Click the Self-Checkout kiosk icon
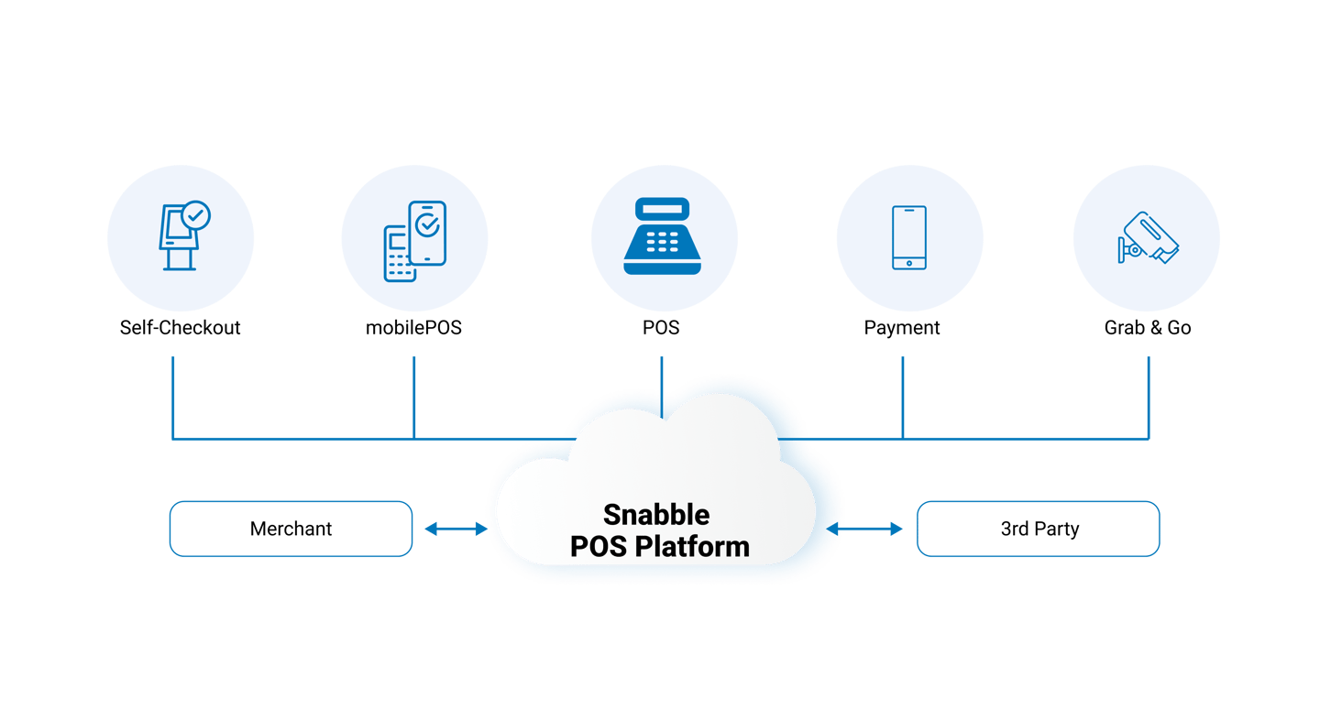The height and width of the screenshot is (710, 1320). (180, 237)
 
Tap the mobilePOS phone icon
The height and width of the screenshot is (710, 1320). (414, 239)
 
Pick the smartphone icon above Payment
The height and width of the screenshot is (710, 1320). (908, 237)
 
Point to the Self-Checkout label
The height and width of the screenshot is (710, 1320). (180, 327)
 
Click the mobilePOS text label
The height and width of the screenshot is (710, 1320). (413, 327)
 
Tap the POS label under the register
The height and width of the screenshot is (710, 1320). (661, 327)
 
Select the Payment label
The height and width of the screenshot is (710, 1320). (902, 327)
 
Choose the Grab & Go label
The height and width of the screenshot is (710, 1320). (1148, 327)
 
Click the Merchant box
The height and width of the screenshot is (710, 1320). (291, 529)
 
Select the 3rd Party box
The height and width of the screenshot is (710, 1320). (1039, 529)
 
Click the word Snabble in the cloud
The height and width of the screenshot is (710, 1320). (655, 514)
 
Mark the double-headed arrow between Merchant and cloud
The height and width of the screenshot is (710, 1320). (456, 529)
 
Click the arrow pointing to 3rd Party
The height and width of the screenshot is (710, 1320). (875, 529)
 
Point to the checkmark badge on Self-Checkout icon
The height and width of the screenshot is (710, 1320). (195, 216)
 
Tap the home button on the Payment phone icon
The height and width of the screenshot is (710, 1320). (908, 263)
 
